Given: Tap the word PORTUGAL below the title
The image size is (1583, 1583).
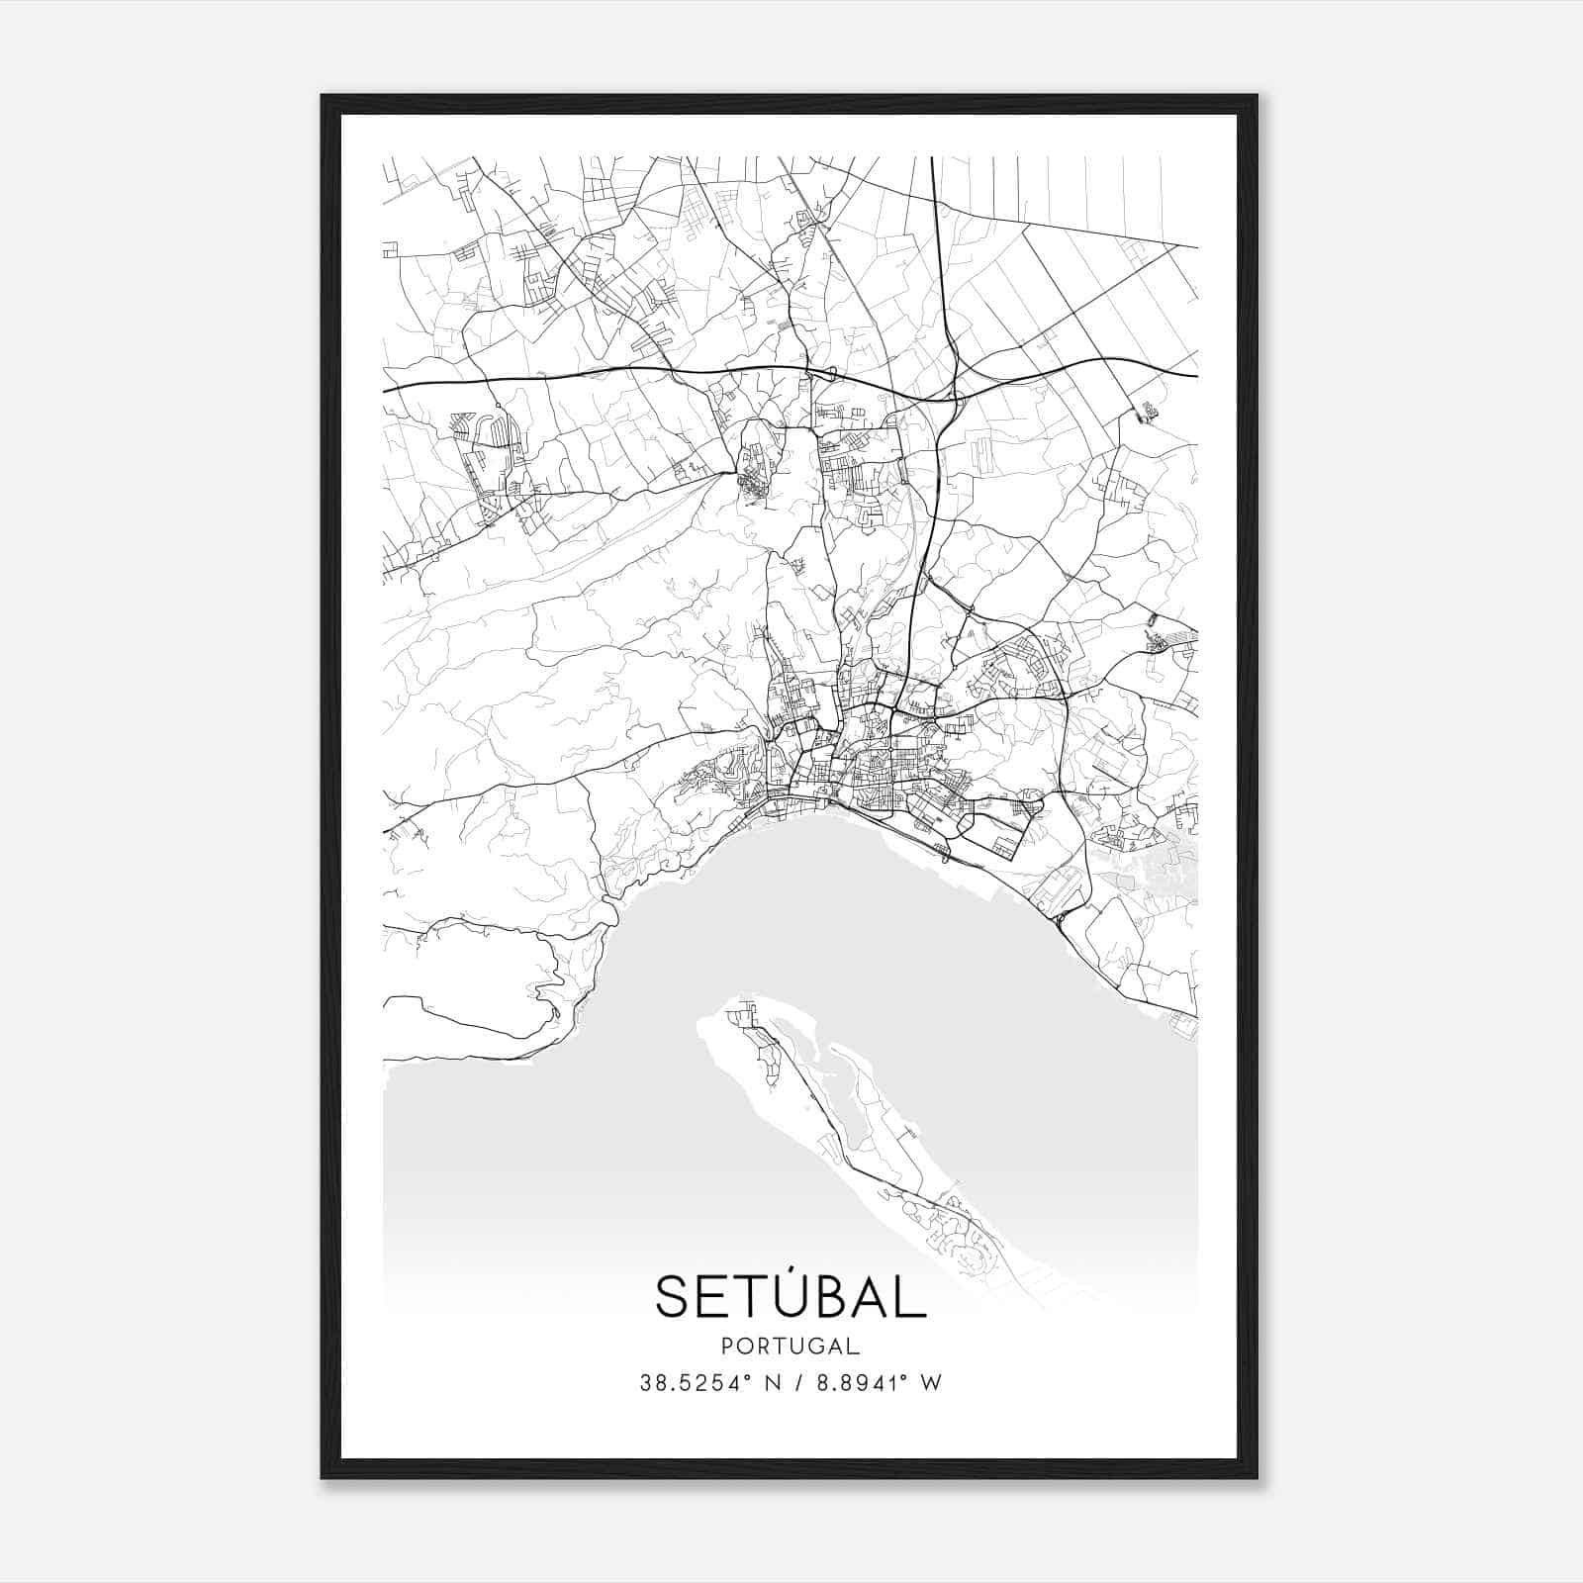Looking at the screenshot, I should coord(791,1346).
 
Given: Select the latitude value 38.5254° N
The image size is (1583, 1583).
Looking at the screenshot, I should coord(708,1383).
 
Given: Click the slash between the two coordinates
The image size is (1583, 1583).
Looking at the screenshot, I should coord(797,1383).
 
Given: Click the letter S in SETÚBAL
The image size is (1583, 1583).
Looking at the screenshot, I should coord(672,1296).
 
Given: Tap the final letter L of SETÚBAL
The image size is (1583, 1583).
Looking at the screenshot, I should coord(911,1296).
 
